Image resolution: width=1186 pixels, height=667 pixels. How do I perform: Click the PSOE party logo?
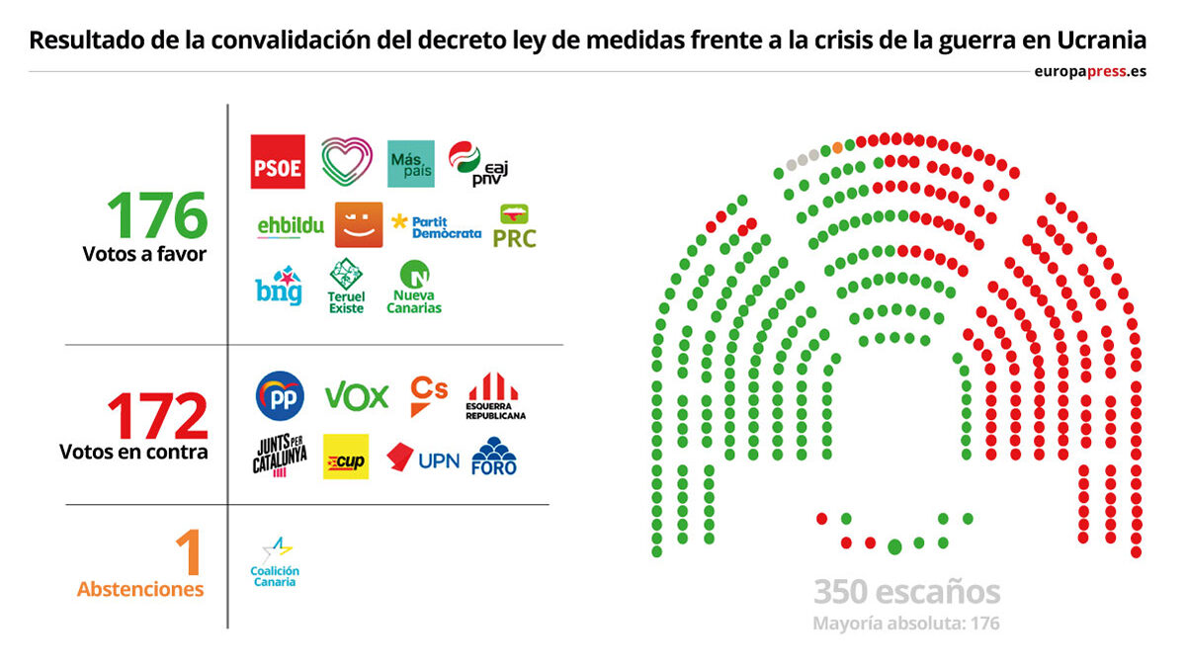coord(278,162)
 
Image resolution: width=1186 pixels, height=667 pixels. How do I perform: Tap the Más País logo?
coord(410,163)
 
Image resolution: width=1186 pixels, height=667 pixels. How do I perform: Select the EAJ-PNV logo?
coord(477,163)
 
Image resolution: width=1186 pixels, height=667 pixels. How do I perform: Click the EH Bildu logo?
coord(291,226)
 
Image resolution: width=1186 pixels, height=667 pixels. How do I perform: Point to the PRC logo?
coord(514,226)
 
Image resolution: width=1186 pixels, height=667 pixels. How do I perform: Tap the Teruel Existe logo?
coord(347,287)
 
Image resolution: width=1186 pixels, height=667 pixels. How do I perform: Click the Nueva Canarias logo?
coord(416,288)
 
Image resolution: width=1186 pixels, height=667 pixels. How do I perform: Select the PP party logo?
coord(280,395)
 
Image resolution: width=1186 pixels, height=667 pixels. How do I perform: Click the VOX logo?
coord(357,396)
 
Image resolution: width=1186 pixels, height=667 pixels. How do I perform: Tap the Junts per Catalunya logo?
coord(280,457)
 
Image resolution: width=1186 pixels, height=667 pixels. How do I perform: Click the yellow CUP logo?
coord(346,457)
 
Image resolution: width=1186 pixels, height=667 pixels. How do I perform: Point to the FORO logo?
coord(494,457)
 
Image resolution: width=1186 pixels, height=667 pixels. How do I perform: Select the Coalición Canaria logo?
coord(275,562)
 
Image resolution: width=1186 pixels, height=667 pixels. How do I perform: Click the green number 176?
coord(158,215)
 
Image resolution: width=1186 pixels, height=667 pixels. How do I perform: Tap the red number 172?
coord(158,418)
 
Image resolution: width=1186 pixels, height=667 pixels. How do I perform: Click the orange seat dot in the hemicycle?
coord(838,147)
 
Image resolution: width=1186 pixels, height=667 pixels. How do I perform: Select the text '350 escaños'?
coord(906,593)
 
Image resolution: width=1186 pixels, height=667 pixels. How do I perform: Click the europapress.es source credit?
coord(1090,71)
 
